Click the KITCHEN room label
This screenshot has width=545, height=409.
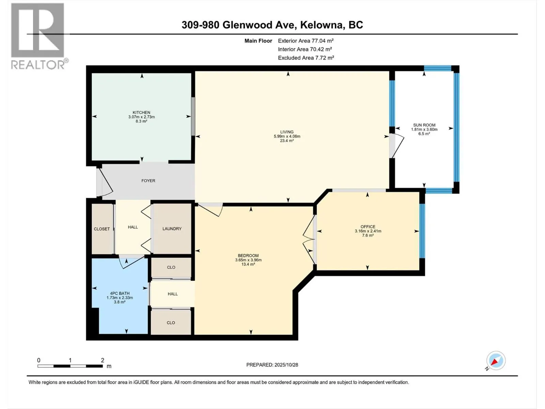(x=141, y=112)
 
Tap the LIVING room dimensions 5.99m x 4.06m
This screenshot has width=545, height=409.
(x=287, y=136)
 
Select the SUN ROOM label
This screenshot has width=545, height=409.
(x=424, y=125)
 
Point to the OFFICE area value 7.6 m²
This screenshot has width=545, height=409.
(x=368, y=236)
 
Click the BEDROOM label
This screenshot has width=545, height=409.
(x=248, y=256)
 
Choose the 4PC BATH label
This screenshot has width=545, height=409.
(x=120, y=293)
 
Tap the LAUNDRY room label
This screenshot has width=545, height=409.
(x=172, y=229)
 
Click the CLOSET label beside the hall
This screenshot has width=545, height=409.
(x=102, y=229)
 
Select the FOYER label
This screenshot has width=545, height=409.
(x=148, y=181)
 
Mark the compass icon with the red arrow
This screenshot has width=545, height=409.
(x=496, y=361)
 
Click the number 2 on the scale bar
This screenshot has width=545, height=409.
(x=103, y=360)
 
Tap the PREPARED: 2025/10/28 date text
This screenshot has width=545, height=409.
(x=272, y=365)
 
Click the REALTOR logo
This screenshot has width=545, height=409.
(x=38, y=36)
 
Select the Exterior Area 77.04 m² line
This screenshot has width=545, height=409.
(x=306, y=41)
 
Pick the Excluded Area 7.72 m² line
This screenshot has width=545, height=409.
(x=306, y=58)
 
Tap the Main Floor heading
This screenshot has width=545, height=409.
(x=258, y=41)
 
